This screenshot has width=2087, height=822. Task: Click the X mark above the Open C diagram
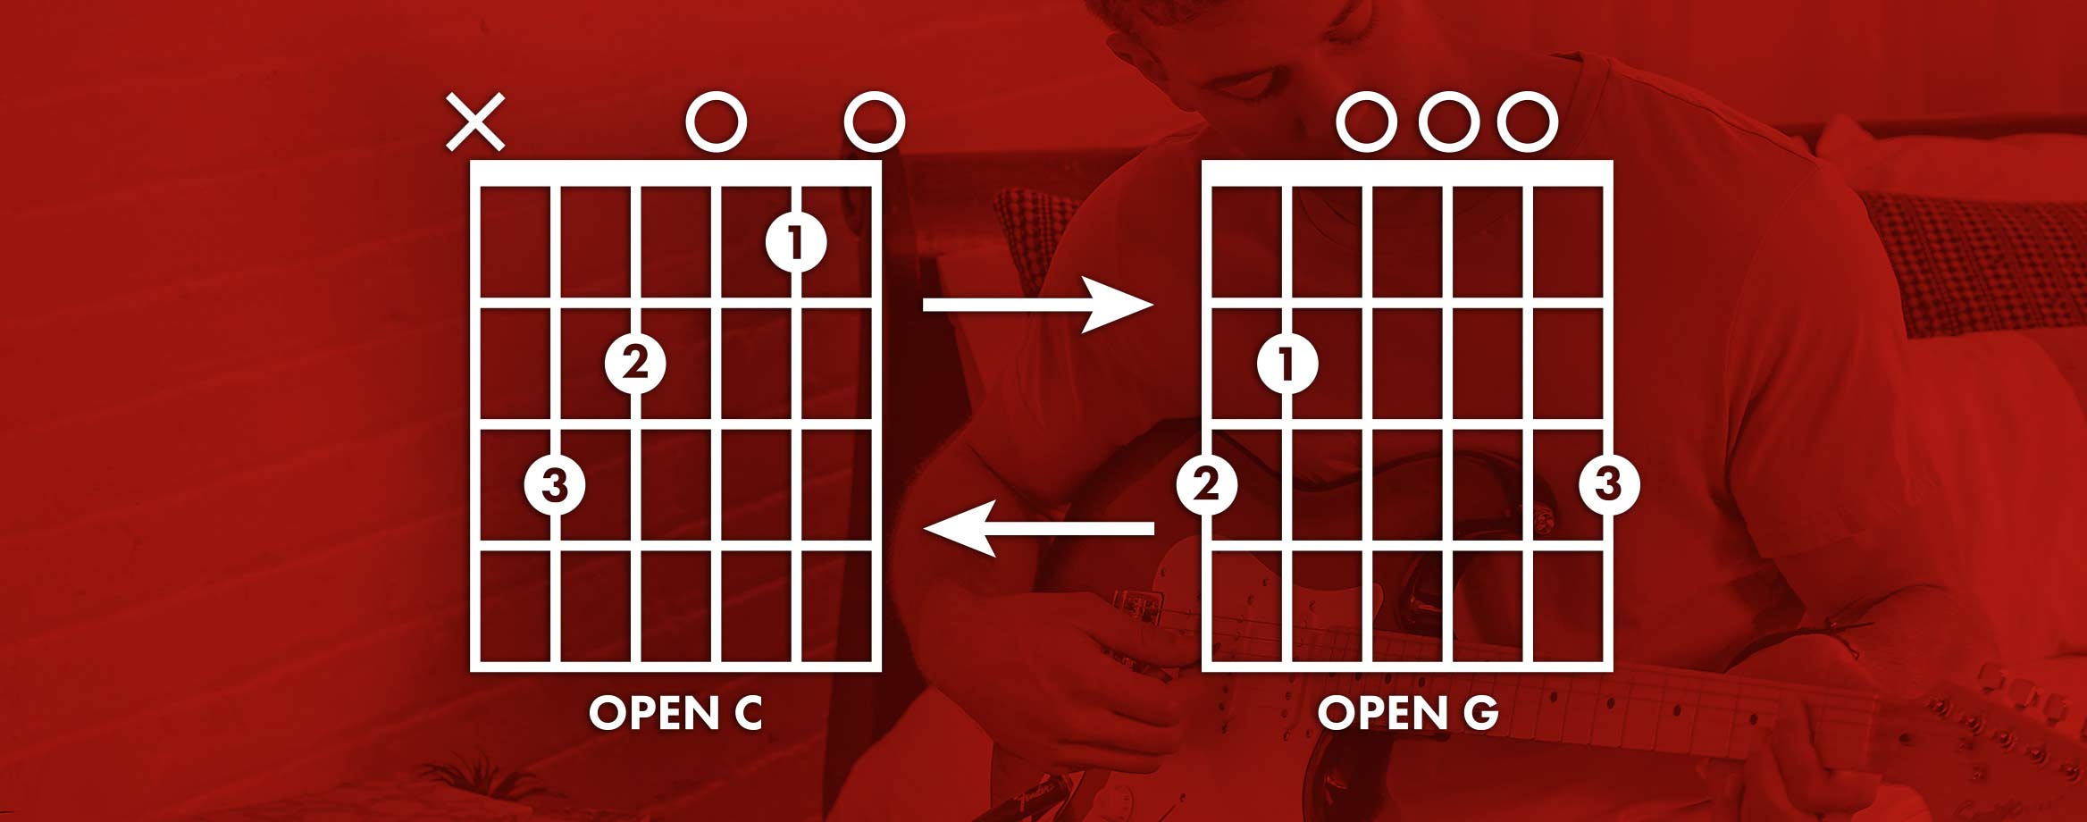click(x=475, y=122)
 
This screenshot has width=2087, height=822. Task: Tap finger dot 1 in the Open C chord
click(x=796, y=241)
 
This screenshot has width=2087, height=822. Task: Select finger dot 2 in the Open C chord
click(x=635, y=364)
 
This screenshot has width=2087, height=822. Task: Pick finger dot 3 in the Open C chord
click(x=555, y=485)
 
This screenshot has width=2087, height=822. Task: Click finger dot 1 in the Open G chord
click(x=1287, y=364)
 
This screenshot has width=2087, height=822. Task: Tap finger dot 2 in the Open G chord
click(x=1207, y=485)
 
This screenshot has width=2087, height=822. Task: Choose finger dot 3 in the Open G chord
click(x=1609, y=485)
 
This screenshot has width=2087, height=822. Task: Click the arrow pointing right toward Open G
click(x=1037, y=305)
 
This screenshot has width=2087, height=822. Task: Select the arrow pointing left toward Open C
click(x=1037, y=529)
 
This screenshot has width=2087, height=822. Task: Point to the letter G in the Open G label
click(x=1480, y=713)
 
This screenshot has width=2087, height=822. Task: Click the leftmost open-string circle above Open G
click(x=1367, y=122)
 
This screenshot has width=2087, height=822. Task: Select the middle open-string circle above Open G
click(x=1448, y=122)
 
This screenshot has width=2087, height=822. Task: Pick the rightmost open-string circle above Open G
click(x=1528, y=122)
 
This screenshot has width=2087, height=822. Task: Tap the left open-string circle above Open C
click(x=716, y=122)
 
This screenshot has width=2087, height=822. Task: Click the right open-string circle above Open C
click(x=875, y=122)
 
